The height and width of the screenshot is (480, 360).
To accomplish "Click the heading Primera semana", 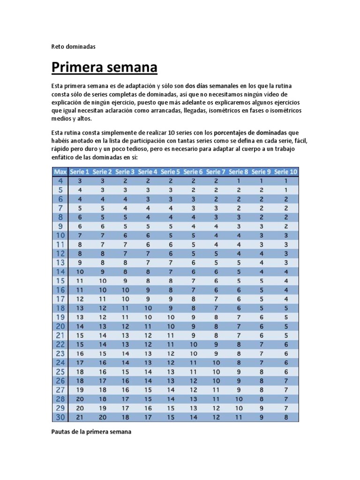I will [x=104, y=68].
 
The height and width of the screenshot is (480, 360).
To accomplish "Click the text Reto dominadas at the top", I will [x=73, y=46].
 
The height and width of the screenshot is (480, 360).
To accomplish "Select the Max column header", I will [x=60, y=172].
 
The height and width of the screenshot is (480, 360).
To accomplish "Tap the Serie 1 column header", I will [x=80, y=172].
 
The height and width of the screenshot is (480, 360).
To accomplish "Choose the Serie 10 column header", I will [x=285, y=172].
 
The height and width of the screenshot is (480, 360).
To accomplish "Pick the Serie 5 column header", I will [x=171, y=172].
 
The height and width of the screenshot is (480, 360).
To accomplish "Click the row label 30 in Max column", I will [x=60, y=417].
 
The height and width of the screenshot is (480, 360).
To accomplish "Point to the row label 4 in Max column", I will [x=60, y=180].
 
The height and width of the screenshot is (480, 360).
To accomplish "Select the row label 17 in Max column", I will [x=60, y=299].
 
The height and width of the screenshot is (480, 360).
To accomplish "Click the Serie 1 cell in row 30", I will [x=80, y=417].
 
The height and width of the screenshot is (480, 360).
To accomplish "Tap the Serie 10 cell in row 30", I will [x=285, y=417].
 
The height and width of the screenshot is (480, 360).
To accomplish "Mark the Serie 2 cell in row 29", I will [x=103, y=408].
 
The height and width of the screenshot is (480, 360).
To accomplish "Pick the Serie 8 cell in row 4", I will [x=239, y=180].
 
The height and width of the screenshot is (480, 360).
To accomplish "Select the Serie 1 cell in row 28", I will [x=80, y=399].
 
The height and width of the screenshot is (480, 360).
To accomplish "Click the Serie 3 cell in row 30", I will [x=125, y=417].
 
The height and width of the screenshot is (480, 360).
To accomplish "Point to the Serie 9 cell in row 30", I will [x=262, y=417].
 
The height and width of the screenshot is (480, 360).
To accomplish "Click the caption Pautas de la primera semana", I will [x=91, y=432].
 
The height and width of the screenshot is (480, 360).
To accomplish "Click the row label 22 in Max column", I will [x=60, y=344].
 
